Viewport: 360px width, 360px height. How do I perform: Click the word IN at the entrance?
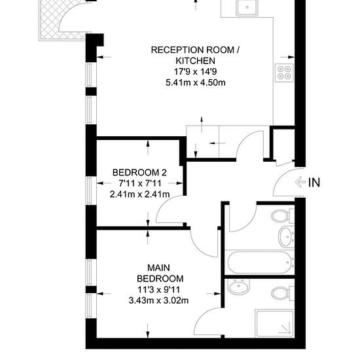point(314,183)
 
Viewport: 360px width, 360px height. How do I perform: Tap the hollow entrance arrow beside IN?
point(300,183)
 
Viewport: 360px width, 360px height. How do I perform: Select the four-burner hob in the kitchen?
point(285,72)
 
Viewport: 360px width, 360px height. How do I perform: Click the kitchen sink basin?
point(247,7)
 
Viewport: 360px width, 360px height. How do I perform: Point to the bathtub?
point(261,262)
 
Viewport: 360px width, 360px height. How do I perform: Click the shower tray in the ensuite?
point(275,323)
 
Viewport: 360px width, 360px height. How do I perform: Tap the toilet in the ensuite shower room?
point(283,293)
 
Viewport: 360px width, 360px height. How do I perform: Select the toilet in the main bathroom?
point(283,215)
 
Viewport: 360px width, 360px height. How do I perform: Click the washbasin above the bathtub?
point(287,237)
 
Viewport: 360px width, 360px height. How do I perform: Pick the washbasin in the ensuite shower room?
point(239,287)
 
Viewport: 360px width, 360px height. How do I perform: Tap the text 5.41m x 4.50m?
point(196,82)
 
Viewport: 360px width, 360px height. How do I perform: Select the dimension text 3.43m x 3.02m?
point(158,300)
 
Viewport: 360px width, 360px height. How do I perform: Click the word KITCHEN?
point(196,61)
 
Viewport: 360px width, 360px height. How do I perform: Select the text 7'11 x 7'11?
point(140,183)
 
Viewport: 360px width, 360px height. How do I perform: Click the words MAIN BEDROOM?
point(160,273)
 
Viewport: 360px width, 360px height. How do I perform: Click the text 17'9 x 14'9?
point(196,71)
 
